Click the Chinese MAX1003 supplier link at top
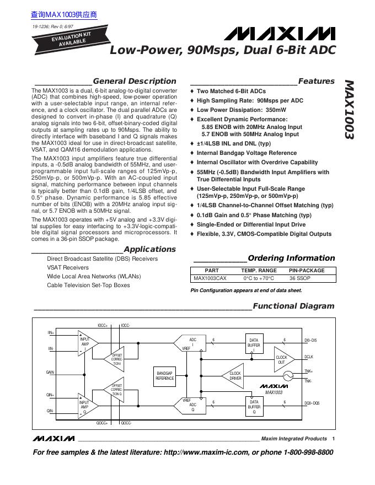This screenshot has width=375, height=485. [64, 15]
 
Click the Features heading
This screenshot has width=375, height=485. [316, 81]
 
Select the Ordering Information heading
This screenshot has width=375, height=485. [291, 258]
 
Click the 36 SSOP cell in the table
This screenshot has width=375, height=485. [307, 279]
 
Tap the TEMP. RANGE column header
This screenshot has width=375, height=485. [259, 271]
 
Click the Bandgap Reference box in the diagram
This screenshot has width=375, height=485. [165, 376]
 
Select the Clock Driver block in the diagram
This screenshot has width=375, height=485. [235, 376]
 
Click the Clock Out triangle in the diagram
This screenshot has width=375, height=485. [282, 359]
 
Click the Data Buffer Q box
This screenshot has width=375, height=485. [254, 407]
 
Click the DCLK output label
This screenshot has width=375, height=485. [309, 358]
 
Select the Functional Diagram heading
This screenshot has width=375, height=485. [293, 306]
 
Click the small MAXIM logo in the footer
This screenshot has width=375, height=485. [53, 439]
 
